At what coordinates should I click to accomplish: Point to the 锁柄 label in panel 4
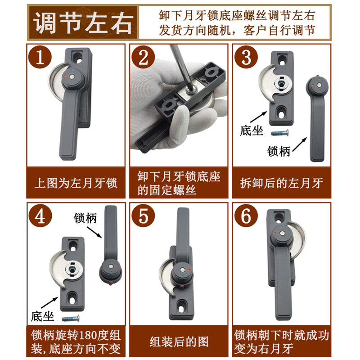point(84,218)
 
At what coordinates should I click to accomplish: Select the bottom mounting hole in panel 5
point(182,306)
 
